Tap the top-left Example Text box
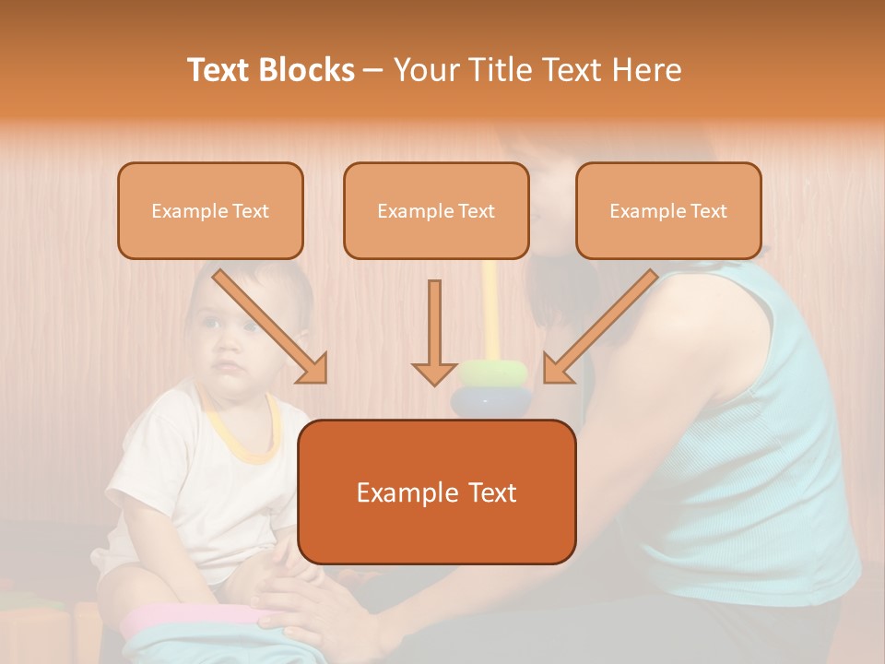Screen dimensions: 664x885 tap(210, 210)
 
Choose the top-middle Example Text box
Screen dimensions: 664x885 tap(436, 210)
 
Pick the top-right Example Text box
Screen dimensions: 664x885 tap(668, 210)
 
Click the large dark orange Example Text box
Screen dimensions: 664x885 tap(437, 492)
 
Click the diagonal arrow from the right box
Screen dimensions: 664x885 tap(600, 326)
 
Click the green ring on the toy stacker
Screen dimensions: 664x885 tap(494, 373)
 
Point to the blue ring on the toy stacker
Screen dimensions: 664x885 tap(490, 401)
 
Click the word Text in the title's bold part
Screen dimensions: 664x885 tap(218, 70)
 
